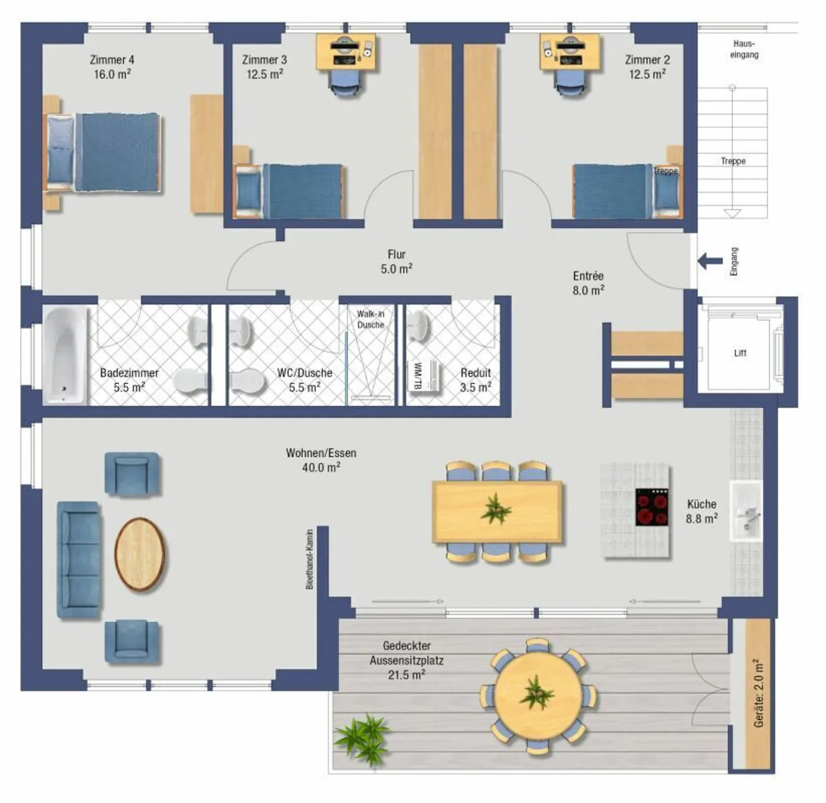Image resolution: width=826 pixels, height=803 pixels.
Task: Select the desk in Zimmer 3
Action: (346, 52)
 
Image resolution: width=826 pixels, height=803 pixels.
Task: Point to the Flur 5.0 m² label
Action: (396, 261)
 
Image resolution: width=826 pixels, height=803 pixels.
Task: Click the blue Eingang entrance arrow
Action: (710, 261)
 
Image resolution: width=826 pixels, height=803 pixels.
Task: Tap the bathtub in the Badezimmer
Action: (65, 355)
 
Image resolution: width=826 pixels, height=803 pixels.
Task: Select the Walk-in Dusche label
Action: (371, 319)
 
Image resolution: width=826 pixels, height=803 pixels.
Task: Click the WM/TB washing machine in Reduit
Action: (424, 377)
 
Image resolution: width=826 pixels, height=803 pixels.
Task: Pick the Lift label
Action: (740, 353)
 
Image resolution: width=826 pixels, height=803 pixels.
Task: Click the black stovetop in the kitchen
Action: (652, 507)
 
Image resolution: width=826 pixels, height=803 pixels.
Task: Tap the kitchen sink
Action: (746, 512)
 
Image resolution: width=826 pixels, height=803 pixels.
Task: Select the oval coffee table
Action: (139, 554)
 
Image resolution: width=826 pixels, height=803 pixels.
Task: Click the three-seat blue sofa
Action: (79, 560)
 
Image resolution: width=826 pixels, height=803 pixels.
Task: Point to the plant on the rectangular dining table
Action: (496, 509)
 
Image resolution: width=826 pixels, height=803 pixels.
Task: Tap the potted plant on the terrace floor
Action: (363, 739)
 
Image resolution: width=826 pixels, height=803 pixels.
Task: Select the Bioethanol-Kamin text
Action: (310, 559)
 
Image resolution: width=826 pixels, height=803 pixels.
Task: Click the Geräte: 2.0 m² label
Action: (759, 694)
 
